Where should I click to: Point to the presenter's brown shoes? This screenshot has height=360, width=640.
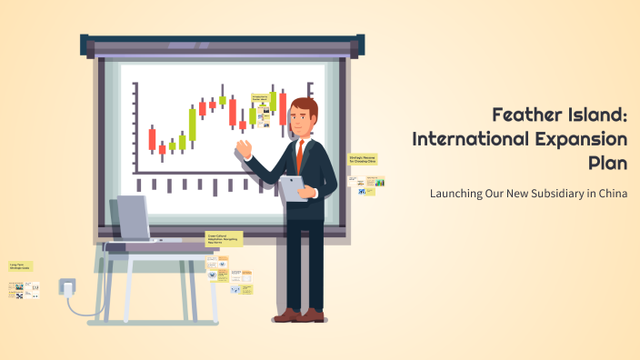(300, 315)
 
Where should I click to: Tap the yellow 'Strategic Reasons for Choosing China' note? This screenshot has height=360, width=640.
(363, 158)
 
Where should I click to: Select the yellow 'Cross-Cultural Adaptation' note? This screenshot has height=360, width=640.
(219, 238)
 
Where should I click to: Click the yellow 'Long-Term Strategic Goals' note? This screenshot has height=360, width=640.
(21, 267)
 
